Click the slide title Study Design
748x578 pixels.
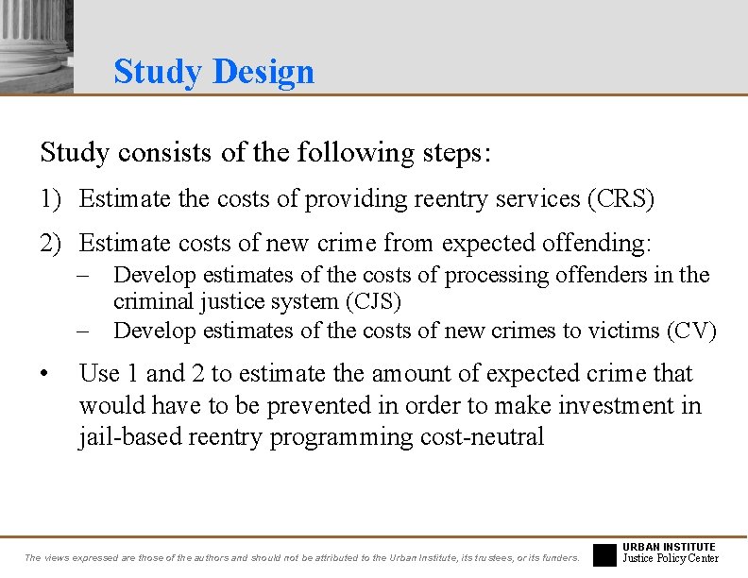coord(213,72)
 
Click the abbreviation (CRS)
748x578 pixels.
coord(620,199)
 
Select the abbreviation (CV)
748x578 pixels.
coord(691,331)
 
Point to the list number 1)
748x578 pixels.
coord(52,199)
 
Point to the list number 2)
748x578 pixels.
coord(52,243)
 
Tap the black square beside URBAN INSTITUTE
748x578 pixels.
coord(604,554)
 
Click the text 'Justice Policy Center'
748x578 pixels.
coord(671,559)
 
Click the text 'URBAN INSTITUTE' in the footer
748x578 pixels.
coord(670,547)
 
